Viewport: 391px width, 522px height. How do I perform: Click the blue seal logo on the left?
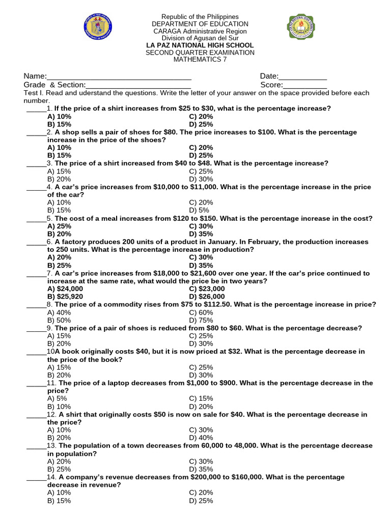pyautogui.click(x=98, y=28)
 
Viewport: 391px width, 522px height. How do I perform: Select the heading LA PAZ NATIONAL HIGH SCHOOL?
pyautogui.click(x=200, y=45)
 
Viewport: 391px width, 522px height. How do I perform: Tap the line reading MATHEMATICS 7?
pyautogui.click(x=200, y=60)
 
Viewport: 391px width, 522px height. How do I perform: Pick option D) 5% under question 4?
pyautogui.click(x=199, y=210)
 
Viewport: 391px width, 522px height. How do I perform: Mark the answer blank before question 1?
pyautogui.click(x=36, y=109)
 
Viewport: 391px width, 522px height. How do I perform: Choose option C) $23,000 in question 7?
pyautogui.click(x=207, y=289)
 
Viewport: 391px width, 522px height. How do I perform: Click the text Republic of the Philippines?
pyautogui.click(x=200, y=17)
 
